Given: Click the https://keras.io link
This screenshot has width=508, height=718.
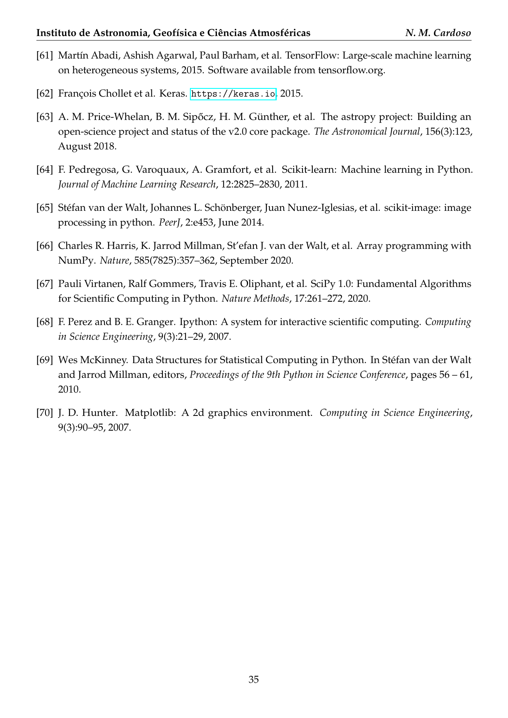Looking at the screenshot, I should coord(233,94).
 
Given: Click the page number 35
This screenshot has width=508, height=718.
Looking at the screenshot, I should coord(254,680).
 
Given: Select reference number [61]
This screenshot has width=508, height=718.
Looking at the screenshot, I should coord(45,56).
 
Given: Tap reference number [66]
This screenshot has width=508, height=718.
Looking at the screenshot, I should coord(45,246).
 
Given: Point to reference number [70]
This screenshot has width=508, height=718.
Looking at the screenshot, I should coord(45,413).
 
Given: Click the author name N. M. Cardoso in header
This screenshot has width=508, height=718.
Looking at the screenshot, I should coord(438,33).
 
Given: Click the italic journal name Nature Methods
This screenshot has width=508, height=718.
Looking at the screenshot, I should coord(255,298).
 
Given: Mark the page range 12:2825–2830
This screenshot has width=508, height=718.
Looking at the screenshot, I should coord(248,185).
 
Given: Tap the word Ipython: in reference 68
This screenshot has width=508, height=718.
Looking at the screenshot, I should coord(195,322).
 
